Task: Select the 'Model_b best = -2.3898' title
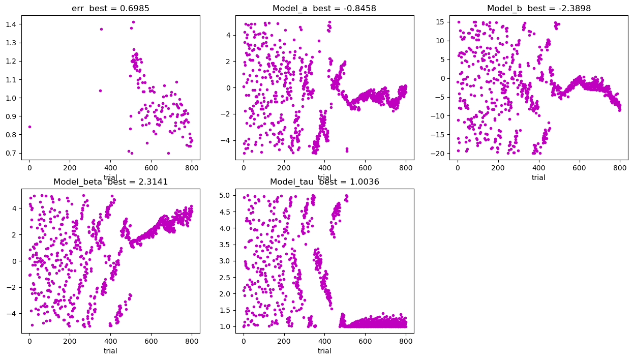[538, 8]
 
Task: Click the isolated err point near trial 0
[29, 127]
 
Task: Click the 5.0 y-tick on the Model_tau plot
[227, 195]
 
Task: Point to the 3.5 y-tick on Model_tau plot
[227, 245]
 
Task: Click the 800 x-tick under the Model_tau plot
[406, 341]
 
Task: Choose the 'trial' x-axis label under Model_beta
[110, 351]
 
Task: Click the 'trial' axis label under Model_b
[538, 177]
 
